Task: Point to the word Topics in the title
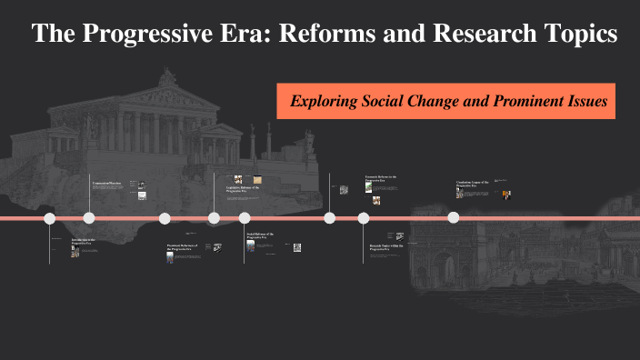[584, 35]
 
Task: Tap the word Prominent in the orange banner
[525, 101]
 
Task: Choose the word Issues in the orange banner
[586, 101]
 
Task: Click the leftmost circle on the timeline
[50, 218]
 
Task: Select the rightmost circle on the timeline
[453, 218]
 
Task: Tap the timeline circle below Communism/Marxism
[89, 218]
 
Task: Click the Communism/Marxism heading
[108, 183]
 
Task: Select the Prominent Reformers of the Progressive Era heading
[182, 247]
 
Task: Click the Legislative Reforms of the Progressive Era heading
[243, 190]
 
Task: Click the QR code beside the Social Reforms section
[299, 246]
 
